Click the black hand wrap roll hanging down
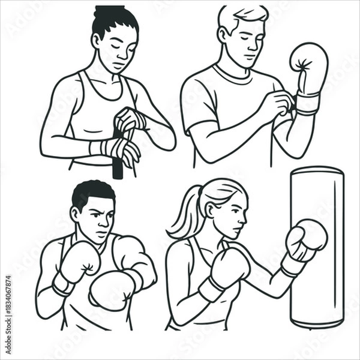pos(118,165)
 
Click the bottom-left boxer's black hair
pos(93,192)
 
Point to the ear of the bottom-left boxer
pos(75,213)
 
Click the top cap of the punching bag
pos(317,170)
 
